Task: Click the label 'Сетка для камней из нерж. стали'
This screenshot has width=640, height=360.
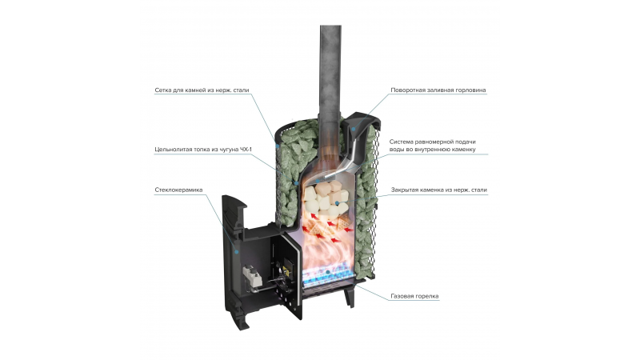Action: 202,90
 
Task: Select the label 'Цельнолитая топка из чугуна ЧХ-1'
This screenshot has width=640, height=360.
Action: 203,150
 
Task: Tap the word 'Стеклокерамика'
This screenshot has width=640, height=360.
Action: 178,190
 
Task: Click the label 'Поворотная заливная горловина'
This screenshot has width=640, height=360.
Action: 438,90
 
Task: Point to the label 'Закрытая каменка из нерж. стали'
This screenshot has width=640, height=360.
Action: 438,190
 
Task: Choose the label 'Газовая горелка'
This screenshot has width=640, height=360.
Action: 414,296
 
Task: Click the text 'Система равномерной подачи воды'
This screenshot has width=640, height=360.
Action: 432,146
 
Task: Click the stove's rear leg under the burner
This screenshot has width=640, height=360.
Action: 350,297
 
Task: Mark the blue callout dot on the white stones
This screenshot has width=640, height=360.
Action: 337,203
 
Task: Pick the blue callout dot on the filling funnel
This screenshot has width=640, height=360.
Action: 354,129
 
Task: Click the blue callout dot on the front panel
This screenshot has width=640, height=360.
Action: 236,251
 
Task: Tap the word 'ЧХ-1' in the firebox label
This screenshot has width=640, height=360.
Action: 246,150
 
